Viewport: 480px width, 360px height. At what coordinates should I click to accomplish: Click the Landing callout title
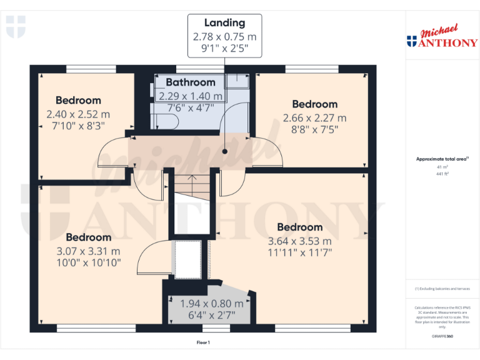point(224,24)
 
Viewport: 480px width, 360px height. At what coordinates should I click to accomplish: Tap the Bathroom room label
point(190,82)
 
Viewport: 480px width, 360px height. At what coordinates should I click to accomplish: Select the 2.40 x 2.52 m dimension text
point(78,114)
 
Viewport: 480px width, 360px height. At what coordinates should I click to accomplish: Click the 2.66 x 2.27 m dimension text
point(314,118)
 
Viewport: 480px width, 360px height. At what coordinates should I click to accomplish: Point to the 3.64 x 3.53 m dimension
point(299,241)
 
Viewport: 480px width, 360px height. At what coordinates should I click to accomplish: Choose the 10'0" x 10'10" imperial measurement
point(89,262)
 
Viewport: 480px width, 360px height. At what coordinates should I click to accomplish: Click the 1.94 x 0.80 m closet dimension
point(211,304)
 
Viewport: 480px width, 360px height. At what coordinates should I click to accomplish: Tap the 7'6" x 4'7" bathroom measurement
point(190,107)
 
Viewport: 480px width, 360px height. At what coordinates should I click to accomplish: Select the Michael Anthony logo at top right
point(442,37)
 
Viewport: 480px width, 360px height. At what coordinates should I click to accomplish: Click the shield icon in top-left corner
point(16,26)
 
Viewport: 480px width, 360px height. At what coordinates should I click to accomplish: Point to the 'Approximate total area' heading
point(441,159)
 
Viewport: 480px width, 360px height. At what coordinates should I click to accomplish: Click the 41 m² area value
point(442,167)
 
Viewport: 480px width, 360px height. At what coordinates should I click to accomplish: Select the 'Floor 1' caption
point(203,343)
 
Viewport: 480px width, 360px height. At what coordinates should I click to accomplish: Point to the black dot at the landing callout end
point(224,151)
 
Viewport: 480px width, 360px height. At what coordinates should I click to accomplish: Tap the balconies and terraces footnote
point(442,288)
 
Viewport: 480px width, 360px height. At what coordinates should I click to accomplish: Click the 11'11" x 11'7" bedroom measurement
point(299,252)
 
